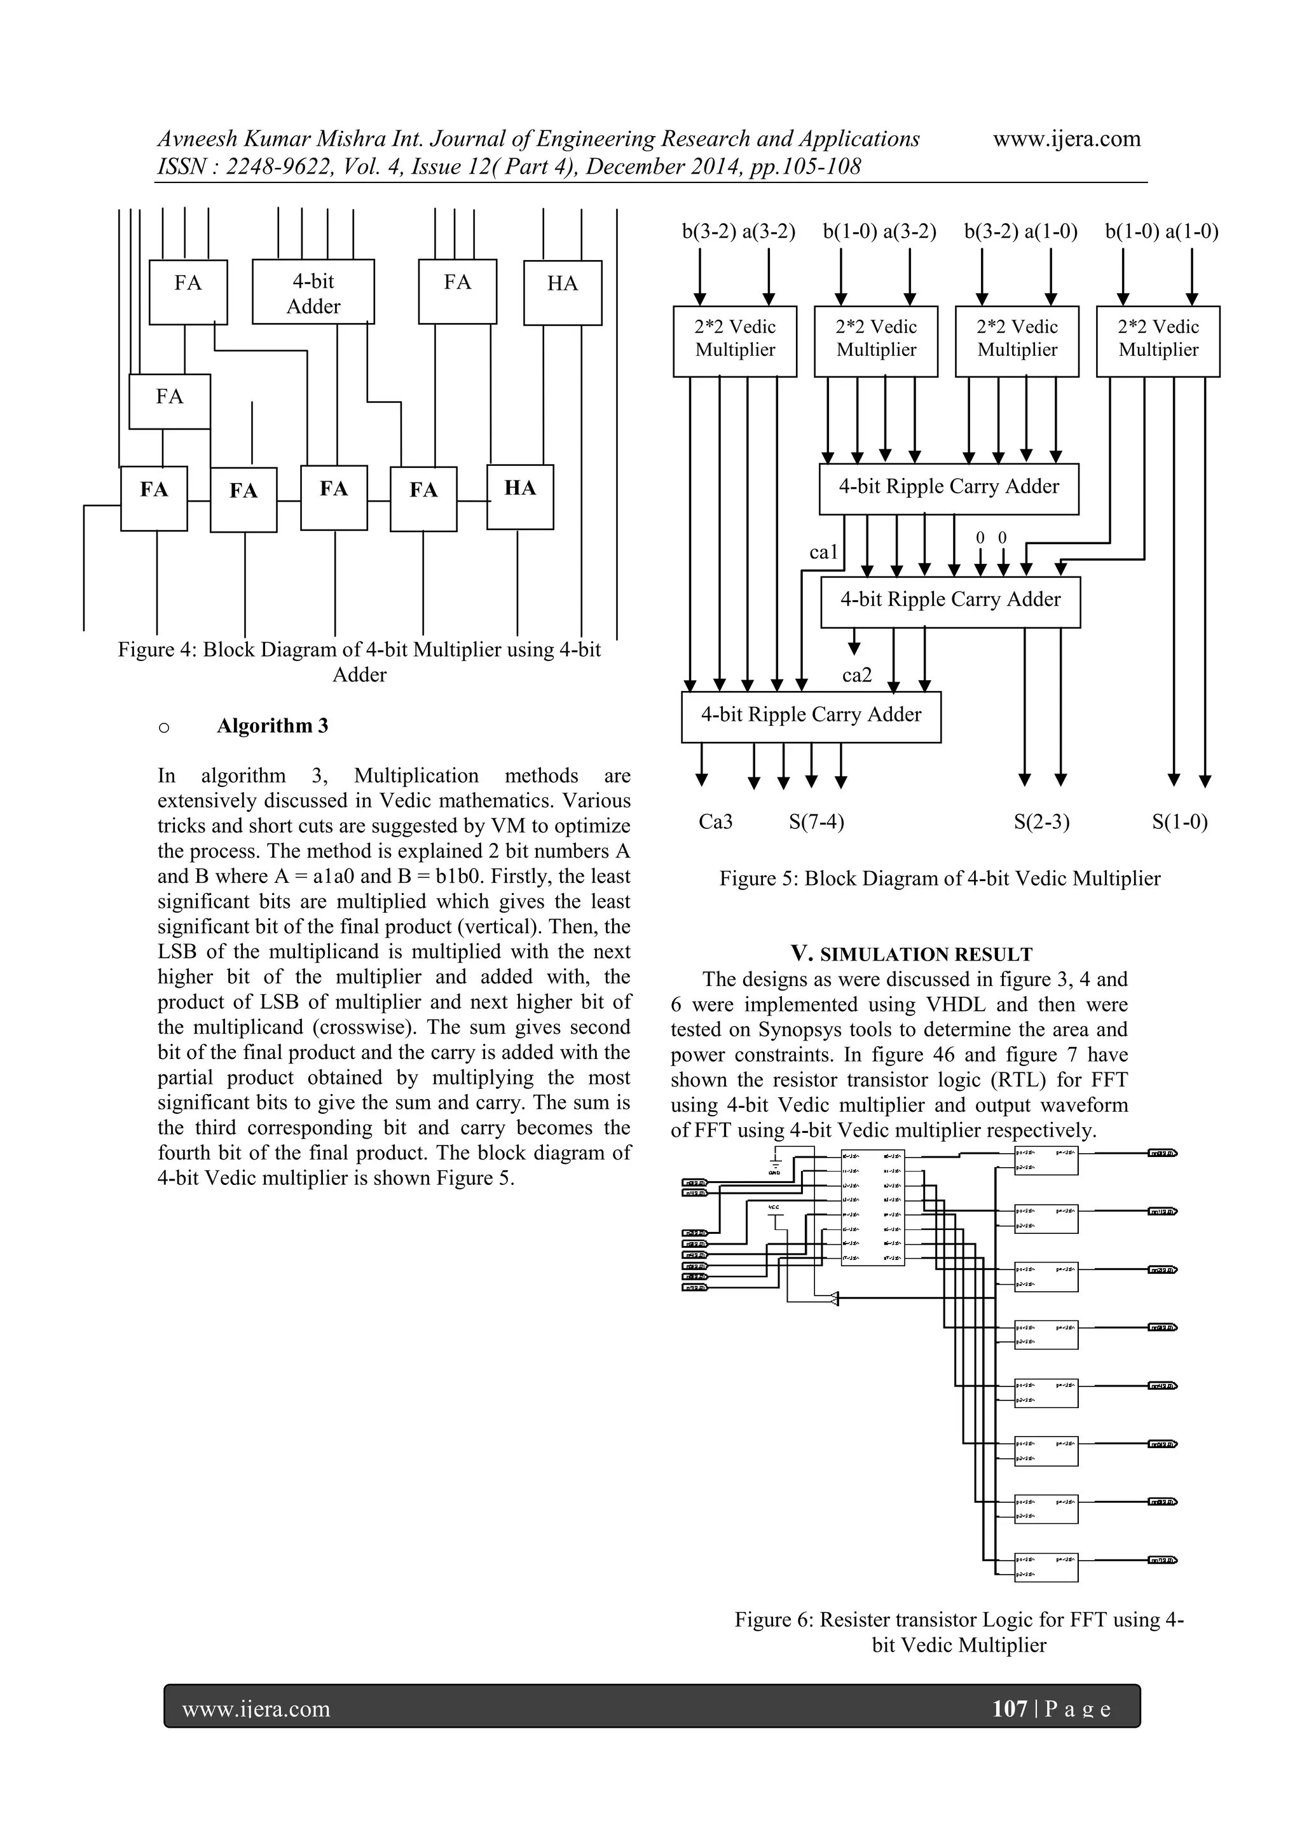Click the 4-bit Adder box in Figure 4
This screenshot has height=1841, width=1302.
[313, 292]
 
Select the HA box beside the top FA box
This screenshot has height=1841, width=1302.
[562, 292]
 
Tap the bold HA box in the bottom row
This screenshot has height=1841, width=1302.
[519, 496]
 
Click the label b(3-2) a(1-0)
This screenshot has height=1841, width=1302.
[1020, 232]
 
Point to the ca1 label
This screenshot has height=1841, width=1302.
[823, 552]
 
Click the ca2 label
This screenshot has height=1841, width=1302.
[856, 675]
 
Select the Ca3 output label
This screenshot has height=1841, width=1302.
[715, 822]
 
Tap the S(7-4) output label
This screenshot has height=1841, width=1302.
[816, 822]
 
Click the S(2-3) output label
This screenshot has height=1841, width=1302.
[1041, 822]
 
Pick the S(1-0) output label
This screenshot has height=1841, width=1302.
[1179, 822]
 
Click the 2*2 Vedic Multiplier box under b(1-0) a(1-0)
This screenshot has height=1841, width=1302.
[1158, 341]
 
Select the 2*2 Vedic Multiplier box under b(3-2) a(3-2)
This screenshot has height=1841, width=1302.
[734, 341]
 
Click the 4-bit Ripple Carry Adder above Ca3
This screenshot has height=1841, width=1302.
[811, 716]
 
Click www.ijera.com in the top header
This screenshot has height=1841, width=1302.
[1066, 139]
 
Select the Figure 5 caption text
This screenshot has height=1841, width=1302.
[940, 878]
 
